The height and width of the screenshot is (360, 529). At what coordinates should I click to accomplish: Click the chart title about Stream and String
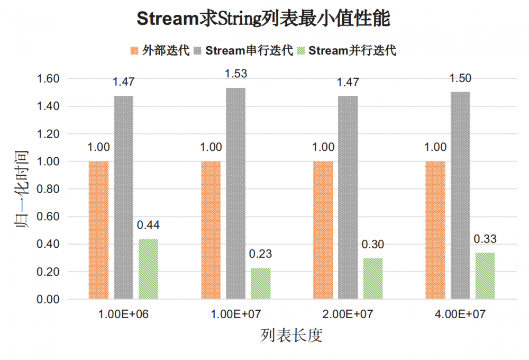coord(263,19)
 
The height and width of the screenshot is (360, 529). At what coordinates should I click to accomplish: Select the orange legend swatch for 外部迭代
coord(134,51)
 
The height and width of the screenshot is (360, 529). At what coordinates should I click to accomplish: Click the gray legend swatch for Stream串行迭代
coord(198,51)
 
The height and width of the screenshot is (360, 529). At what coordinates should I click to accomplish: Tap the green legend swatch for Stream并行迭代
coord(302,51)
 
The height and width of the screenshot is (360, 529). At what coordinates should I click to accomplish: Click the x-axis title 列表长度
coord(291,336)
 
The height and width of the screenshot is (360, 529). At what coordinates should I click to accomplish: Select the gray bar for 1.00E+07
coord(236,193)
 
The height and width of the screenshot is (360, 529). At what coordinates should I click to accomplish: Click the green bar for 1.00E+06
coord(148,269)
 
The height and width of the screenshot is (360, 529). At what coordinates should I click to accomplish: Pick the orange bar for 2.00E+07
coord(323,230)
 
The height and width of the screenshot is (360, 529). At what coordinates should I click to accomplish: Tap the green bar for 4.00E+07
coord(485,276)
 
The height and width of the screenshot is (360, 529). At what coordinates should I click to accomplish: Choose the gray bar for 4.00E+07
coord(460,195)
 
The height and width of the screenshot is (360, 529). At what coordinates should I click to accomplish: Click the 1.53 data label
coord(236,74)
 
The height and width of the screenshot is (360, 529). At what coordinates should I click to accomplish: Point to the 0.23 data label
coord(261,254)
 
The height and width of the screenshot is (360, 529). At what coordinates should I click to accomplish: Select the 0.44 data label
coord(148,225)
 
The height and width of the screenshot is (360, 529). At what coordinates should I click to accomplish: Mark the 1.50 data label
coord(460,78)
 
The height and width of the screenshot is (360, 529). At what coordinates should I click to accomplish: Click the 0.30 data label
coord(373,245)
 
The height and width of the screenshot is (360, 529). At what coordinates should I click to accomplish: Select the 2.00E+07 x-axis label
coord(348,314)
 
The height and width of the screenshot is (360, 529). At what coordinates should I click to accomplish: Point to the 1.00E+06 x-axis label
coord(123,314)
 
